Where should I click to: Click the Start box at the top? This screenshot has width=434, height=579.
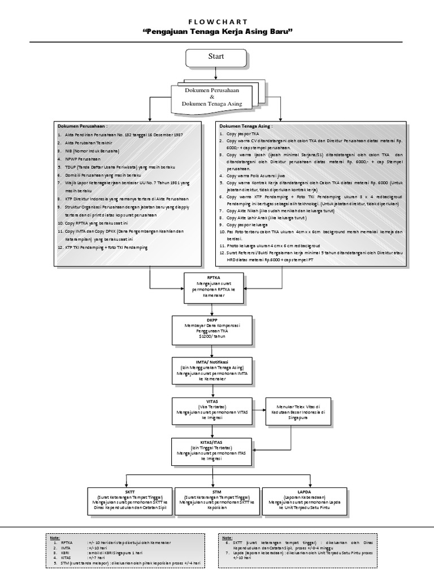pyautogui.click(x=216, y=57)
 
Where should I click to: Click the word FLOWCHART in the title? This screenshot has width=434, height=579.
pyautogui.click(x=217, y=19)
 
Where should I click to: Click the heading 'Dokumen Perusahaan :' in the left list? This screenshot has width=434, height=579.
pyautogui.click(x=83, y=126)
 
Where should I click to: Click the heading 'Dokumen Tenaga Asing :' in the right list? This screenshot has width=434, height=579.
pyautogui.click(x=246, y=126)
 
